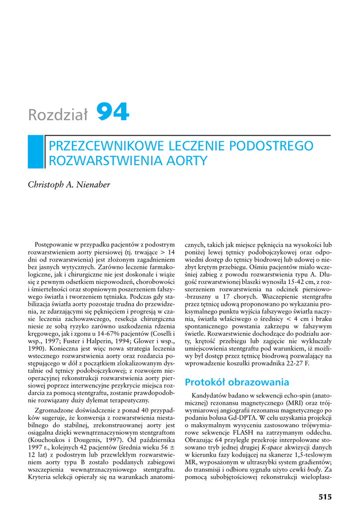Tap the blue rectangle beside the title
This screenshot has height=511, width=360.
tap(35, 152)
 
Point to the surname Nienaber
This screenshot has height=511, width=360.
tap(93, 185)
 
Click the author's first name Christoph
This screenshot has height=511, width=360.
tap(48, 185)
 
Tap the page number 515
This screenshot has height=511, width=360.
tap(325, 497)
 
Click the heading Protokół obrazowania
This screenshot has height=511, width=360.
tap(237, 382)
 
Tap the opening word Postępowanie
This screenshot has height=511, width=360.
tap(54, 245)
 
